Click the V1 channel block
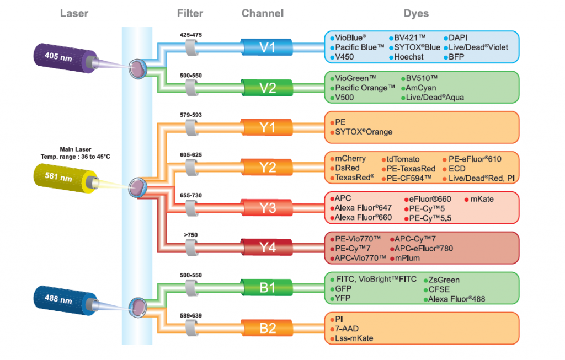click(267, 47)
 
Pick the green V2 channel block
click(267, 87)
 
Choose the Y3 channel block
click(267, 208)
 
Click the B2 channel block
click(267, 328)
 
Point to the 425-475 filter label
click(191, 35)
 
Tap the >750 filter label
click(191, 235)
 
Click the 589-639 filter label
click(191, 315)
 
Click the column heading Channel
click(263, 13)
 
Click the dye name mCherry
click(350, 159)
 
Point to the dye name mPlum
click(406, 258)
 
